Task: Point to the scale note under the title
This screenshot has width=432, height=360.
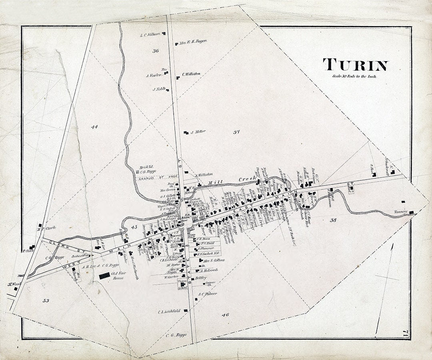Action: [x=354, y=76]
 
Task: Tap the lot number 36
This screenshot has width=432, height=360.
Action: [x=156, y=51]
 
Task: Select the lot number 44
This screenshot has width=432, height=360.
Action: [x=94, y=127]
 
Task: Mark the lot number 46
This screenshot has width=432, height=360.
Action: [x=225, y=315]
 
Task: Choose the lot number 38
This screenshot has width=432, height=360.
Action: [x=333, y=220]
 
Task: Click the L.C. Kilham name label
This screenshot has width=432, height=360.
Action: [x=150, y=34]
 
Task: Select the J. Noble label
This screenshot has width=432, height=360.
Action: [x=159, y=89]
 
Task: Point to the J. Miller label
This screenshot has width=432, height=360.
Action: [x=198, y=132]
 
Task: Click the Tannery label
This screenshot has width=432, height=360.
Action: [x=400, y=212]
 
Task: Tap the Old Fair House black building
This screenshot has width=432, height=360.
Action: [x=104, y=275]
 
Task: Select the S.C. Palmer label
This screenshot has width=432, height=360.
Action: [x=208, y=294]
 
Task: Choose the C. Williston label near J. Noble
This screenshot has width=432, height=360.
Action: [x=191, y=74]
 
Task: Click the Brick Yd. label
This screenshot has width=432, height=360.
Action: [x=144, y=168]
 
